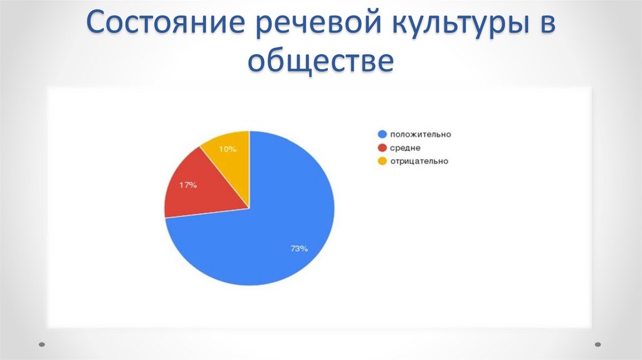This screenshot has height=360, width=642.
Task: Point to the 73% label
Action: pos(298,249)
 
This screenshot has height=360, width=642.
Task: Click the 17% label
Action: pos(188,185)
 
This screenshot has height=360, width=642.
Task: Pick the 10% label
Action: pos(228,149)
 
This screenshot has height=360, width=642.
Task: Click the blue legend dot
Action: pos(381,134)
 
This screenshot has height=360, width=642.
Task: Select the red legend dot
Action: pos(381,147)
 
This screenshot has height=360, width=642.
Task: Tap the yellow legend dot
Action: pos(381,161)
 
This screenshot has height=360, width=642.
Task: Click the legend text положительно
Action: pos(420,134)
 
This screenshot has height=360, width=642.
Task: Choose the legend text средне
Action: pos(405,147)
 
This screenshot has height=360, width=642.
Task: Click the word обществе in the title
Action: pos(320,61)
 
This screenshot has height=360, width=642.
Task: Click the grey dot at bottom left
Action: pos(42,344)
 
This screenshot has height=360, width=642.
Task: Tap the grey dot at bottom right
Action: pos(597,344)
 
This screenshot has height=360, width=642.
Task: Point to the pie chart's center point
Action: pos(250,208)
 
